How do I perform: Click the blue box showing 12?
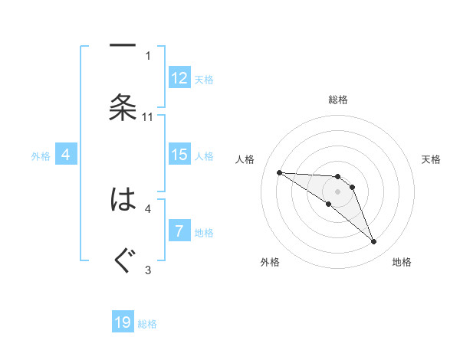tap(179, 78)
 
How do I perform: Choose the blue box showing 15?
tap(179, 155)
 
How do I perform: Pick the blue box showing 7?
tap(179, 231)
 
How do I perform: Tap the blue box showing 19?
tap(123, 322)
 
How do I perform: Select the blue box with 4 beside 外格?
tap(65, 155)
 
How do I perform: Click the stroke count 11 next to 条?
tap(148, 116)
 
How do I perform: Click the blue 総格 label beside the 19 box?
tap(147, 324)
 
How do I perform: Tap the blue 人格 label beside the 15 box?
tap(204, 156)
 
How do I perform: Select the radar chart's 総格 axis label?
tap(337, 100)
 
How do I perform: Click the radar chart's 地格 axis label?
tap(402, 263)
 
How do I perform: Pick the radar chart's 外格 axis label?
tap(270, 263)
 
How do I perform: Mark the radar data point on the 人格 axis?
tap(279, 172)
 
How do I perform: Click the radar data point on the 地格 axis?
tap(373, 241)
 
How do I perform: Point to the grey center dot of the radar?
tap(337, 191)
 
